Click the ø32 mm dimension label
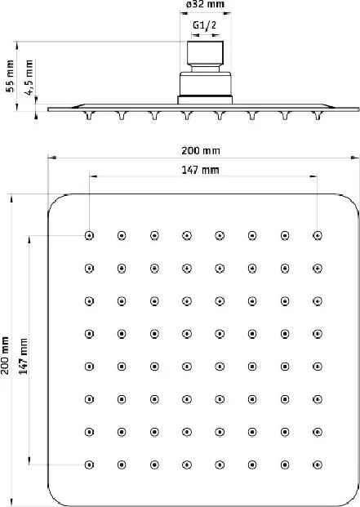click(205, 4)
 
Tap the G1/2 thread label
click(205, 25)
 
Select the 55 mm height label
click(11, 76)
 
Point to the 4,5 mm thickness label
click(29, 78)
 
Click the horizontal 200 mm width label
click(201, 151)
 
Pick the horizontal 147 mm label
click(200, 170)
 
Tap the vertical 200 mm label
click(5, 355)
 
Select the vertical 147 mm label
click(24, 356)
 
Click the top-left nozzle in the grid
click(89, 235)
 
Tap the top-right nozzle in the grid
click(318, 235)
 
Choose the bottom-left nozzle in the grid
click(89, 465)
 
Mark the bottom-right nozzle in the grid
click(318, 465)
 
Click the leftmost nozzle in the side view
click(89, 115)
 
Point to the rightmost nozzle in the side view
click(318, 115)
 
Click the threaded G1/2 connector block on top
click(205, 53)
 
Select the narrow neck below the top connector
click(205, 69)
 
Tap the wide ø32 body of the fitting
click(205, 84)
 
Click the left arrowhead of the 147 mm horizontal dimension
click(93, 176)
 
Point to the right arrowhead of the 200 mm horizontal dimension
click(354, 158)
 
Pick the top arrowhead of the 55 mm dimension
click(17, 45)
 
